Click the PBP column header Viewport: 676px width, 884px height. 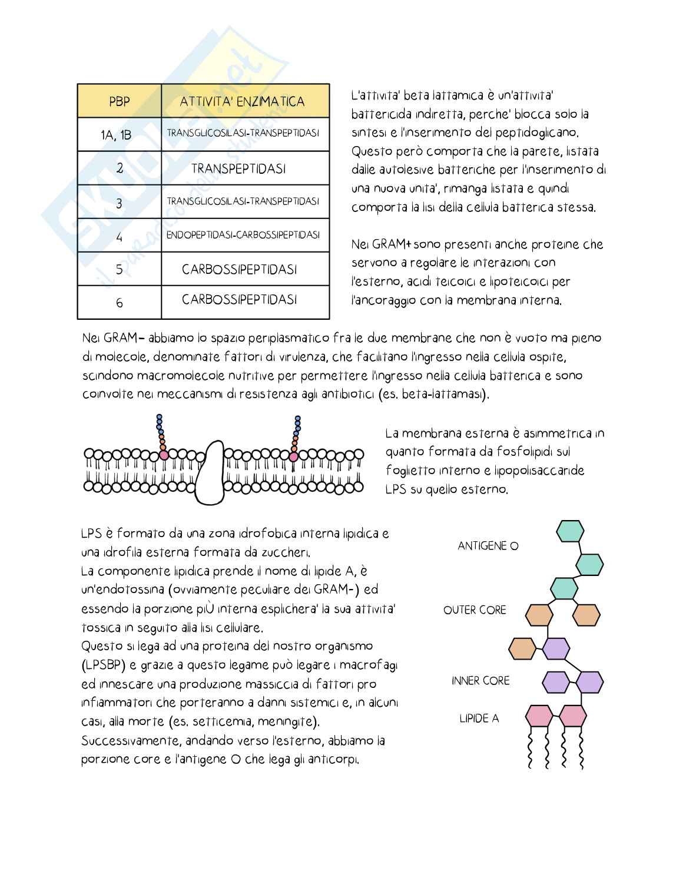pos(119,101)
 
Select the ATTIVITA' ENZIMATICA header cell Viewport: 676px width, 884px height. pos(242,101)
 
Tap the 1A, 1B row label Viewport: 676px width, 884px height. pos(116,135)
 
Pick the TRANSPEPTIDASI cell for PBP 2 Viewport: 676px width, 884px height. pos(238,169)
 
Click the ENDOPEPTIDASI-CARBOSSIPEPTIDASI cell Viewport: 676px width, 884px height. pos(243,235)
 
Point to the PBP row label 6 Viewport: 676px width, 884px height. pos(120,303)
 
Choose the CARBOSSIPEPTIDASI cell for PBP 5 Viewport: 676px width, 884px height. pos(239,270)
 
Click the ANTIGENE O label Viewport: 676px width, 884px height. pos(488,546)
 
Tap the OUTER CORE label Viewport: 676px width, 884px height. pos(475,610)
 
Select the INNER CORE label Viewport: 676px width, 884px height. pos(481,681)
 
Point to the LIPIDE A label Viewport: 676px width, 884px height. pos(479,719)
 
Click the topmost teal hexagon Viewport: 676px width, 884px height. pos(570,531)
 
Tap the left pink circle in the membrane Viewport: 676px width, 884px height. pos(164,455)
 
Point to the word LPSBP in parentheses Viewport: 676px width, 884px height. pos(102,666)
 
